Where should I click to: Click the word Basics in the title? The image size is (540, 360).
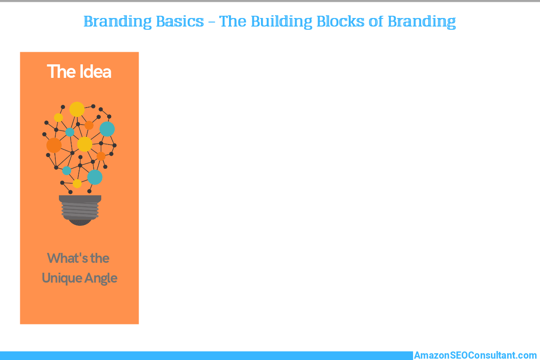(180, 21)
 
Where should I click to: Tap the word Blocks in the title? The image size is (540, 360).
(340, 21)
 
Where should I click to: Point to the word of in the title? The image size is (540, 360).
(376, 21)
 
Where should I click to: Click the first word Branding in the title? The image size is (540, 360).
(117, 22)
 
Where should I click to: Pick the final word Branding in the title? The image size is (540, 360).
(422, 22)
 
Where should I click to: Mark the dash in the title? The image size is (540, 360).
(211, 22)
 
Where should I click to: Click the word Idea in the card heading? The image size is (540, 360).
(95, 72)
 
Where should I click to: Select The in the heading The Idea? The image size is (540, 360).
(62, 72)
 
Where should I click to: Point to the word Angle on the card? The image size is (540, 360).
(101, 279)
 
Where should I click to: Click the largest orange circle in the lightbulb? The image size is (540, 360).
(54, 145)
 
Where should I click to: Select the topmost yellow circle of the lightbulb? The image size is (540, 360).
(77, 109)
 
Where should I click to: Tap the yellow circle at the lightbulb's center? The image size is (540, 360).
(85, 144)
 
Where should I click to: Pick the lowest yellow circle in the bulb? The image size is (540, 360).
(77, 184)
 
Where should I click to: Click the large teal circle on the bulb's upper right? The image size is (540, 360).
(107, 129)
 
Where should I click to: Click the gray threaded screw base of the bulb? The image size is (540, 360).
(80, 207)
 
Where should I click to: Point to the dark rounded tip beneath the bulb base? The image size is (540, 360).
(80, 223)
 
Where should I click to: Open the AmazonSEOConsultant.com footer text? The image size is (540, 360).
(475, 355)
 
